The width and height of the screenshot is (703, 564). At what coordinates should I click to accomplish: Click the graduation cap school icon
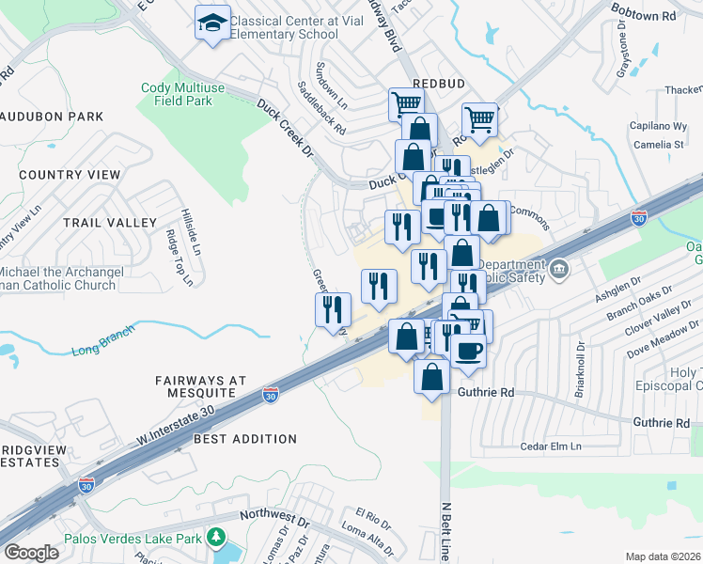coord(213,23)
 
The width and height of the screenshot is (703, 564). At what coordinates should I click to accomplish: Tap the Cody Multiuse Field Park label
coord(189,94)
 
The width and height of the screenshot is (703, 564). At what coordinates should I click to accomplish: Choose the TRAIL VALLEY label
coord(109,223)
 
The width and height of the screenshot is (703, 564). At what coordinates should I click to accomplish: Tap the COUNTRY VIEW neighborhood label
coord(70,175)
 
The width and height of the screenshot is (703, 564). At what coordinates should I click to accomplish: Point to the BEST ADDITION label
coord(244,439)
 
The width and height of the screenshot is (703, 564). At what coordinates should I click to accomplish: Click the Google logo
coord(31,553)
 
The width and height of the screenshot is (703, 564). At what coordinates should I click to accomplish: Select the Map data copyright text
coord(662,556)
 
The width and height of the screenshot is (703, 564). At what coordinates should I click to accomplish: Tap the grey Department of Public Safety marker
coord(558,270)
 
